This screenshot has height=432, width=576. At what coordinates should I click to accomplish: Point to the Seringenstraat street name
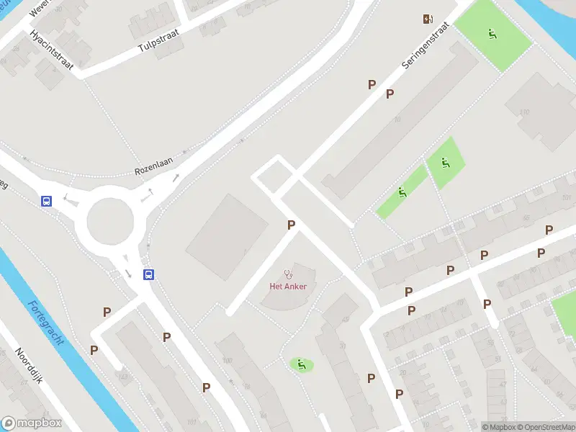coord(426,45)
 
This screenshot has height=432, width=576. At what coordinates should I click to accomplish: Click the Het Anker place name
coord(288,286)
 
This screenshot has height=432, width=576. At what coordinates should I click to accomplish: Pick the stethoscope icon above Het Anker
coord(288,273)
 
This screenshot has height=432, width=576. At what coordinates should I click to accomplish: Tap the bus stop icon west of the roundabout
coord(47,202)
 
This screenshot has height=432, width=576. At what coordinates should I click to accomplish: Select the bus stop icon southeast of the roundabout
coord(148,274)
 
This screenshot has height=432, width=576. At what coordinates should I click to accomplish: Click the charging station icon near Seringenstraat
coord(428,19)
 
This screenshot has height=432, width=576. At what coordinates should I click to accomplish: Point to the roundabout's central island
coord(110,222)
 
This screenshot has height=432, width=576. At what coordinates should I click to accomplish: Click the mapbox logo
coord(32,423)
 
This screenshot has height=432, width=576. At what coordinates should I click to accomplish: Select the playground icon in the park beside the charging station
coord(493,33)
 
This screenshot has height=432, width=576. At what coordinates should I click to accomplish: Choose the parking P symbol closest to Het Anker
coord(291,225)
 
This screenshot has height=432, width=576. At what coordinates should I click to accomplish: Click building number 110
coord(523,112)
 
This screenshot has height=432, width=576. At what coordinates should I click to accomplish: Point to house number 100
coord(228,360)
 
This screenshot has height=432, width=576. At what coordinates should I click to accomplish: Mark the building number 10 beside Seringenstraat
coord(397,119)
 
